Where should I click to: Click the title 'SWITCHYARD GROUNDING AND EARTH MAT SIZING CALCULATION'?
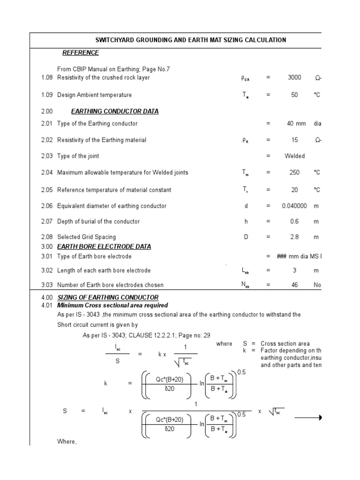[191, 40]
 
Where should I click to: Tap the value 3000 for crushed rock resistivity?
[294, 78]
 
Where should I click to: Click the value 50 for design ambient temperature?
[294, 95]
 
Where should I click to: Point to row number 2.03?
[47, 156]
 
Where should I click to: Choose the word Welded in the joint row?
[294, 156]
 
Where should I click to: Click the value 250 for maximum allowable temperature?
[294, 172]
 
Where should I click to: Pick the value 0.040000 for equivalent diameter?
[294, 206]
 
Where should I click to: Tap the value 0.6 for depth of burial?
[294, 221]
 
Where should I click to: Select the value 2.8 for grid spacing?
[294, 237]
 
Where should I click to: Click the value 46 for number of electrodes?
[294, 285]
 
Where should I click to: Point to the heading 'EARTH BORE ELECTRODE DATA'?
[104, 247]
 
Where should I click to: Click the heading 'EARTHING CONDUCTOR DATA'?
[114, 112]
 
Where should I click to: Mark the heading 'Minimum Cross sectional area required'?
[112, 306]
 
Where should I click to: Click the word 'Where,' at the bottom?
[67, 442]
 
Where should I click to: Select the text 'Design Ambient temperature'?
[94, 95]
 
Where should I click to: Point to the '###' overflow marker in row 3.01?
[282, 256]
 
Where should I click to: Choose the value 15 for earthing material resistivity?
[294, 140]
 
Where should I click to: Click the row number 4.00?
[47, 298]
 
